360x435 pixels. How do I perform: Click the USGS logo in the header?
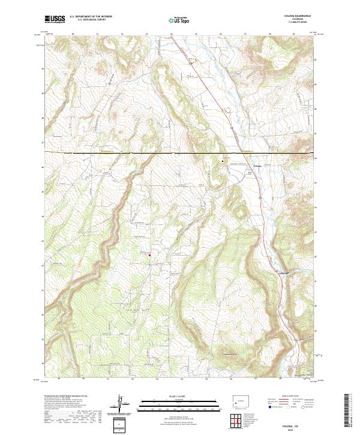(55, 20)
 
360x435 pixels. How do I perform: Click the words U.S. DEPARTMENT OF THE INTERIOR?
(91, 17)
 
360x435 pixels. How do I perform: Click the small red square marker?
(149, 256)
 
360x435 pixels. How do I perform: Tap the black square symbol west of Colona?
(223, 161)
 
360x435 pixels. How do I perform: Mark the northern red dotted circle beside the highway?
(193, 60)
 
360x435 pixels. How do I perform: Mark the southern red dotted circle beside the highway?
(227, 109)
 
